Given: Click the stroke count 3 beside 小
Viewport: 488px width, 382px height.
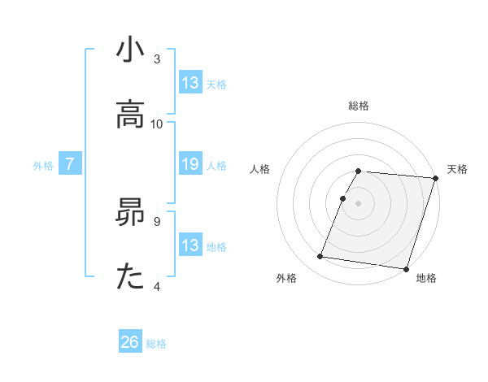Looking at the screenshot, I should [x=157, y=59].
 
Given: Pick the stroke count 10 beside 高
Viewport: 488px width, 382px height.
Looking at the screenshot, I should [x=157, y=124].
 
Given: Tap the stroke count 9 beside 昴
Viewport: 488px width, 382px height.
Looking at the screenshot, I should [x=157, y=220].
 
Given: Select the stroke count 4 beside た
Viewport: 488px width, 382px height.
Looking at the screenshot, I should [x=157, y=285].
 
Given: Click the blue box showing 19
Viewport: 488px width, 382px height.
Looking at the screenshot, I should [x=190, y=165].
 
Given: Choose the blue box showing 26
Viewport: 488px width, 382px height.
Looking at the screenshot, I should [x=130, y=343].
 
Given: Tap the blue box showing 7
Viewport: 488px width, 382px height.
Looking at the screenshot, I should [x=70, y=165].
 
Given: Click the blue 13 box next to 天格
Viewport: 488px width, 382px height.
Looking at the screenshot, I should [x=190, y=84].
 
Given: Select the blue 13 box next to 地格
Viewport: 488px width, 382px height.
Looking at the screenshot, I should [x=190, y=245].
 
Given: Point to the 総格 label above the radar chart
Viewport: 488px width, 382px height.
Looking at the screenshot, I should [x=359, y=106].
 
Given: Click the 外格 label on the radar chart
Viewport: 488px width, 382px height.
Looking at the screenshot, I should [x=286, y=279].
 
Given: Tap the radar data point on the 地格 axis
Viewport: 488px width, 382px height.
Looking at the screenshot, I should [x=405, y=268].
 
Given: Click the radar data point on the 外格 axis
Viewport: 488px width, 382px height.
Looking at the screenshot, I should [x=320, y=256].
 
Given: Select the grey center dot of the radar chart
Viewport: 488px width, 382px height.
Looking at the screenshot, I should [x=359, y=202].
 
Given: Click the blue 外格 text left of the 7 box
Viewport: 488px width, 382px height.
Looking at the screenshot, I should [x=43, y=166].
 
